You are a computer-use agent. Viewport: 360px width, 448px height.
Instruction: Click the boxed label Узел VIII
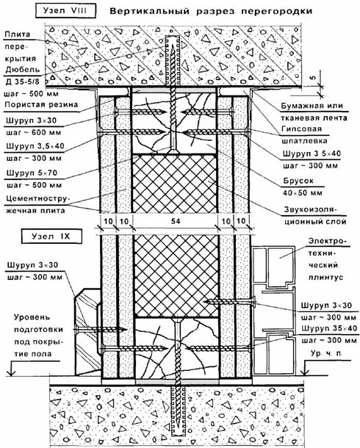[65, 11]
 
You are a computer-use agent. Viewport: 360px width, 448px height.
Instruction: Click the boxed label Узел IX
[51, 236]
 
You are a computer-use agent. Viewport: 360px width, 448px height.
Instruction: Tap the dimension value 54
[175, 221]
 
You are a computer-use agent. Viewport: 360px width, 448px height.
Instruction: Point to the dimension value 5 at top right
[314, 77]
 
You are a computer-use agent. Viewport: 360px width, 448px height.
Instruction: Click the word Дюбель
[23, 70]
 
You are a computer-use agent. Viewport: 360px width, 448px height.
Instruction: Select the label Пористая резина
[41, 104]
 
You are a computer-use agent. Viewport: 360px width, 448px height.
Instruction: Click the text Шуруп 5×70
[32, 173]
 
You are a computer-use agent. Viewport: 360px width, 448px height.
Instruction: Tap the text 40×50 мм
[303, 193]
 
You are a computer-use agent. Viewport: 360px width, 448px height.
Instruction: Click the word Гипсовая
[301, 129]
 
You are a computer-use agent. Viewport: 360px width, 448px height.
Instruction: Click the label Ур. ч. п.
[326, 353]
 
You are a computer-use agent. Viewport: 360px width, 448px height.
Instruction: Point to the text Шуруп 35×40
[329, 328]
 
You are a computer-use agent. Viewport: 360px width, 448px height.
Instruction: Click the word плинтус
[325, 277]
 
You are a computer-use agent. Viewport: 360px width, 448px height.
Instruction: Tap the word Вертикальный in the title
[150, 12]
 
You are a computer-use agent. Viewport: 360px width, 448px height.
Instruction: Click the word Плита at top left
[18, 35]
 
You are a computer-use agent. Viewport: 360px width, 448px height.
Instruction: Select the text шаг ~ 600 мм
[34, 133]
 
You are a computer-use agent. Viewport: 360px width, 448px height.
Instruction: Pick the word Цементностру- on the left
[36, 198]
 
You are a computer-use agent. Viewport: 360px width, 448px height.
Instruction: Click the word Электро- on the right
[325, 242]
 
